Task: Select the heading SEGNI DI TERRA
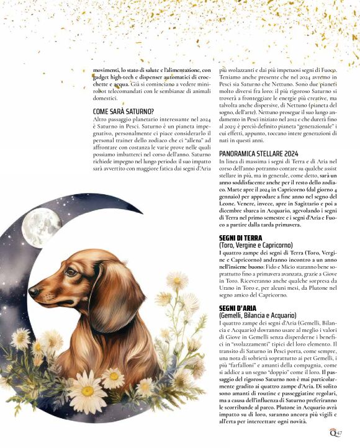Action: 241,238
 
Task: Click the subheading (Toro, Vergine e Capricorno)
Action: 258,245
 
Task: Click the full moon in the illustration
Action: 41,227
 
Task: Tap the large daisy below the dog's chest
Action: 88,390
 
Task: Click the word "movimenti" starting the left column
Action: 107,70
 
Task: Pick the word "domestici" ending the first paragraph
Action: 105,97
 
